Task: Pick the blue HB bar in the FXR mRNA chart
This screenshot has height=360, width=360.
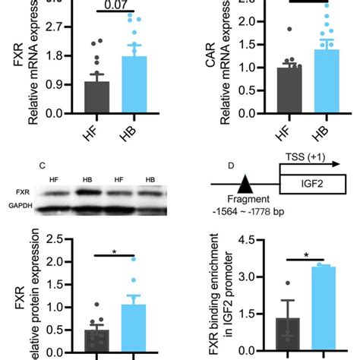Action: (x=134, y=84)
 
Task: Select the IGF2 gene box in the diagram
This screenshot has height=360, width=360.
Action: (x=313, y=185)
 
